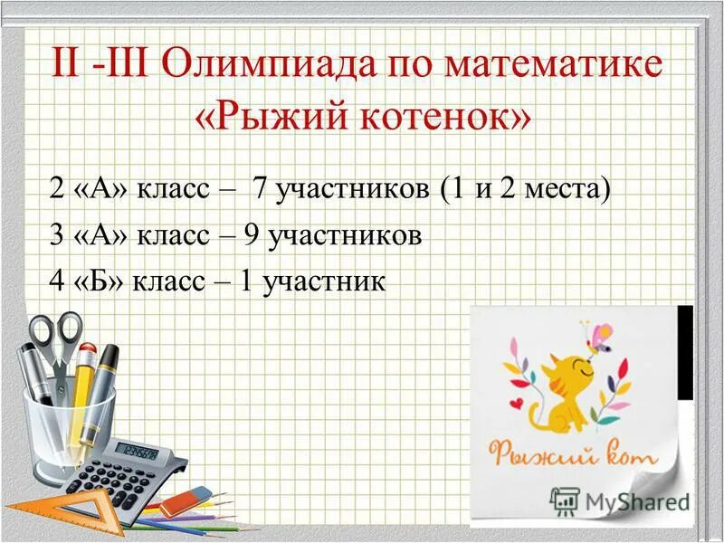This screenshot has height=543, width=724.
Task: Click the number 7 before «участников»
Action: point(260,190)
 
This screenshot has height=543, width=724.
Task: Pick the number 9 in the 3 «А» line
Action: point(252,236)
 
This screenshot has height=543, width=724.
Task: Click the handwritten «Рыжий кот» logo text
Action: point(572,452)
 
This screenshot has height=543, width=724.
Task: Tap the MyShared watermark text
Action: point(633,500)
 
